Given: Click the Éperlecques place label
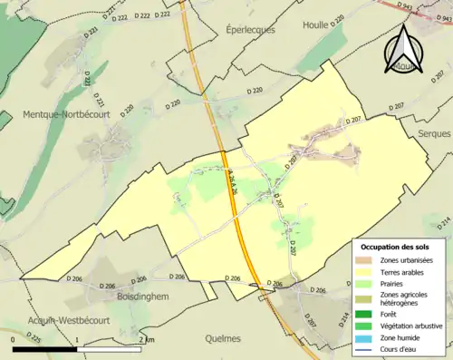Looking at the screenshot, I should [x=250, y=29].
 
